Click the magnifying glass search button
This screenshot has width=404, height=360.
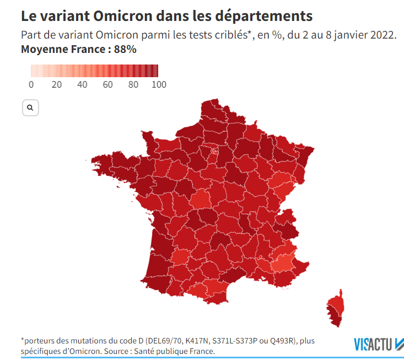[30, 108]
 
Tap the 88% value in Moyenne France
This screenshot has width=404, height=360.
[125, 49]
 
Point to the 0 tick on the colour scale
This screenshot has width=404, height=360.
[31, 84]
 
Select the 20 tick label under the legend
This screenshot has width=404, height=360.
[56, 84]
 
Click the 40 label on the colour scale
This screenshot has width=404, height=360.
[82, 84]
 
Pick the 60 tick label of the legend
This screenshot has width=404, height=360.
[107, 84]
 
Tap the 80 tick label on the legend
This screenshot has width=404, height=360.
[133, 84]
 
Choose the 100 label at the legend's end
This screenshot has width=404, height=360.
[159, 84]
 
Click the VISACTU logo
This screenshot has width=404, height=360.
[378, 344]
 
